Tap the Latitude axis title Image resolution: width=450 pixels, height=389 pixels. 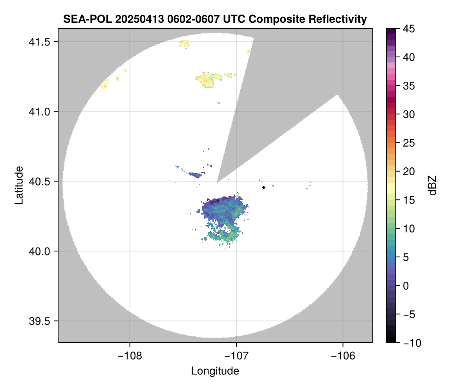pos(18,185)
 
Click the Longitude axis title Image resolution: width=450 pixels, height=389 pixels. pos(215,371)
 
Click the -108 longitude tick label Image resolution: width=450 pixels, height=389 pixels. pos(129,356)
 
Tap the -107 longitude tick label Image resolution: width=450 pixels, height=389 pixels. pos(236,356)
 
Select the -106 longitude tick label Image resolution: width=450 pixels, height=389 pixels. pos(343,356)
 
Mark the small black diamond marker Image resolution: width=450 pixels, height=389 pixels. pos(264,187)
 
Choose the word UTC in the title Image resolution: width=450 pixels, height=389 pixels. pos(233,19)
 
